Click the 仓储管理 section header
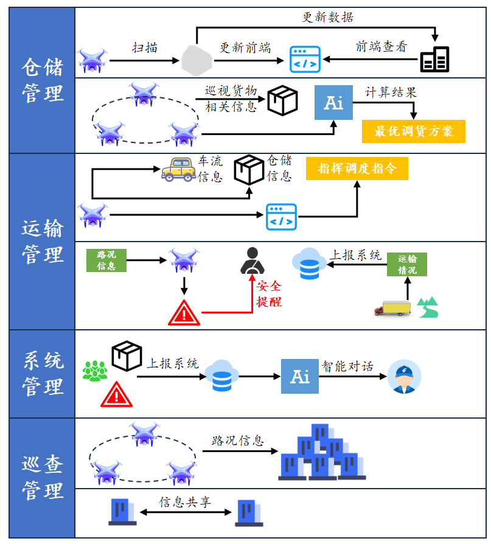tap(42, 80)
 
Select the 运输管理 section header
tap(42, 242)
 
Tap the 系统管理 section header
tap(42, 374)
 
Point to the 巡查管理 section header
tap(42, 478)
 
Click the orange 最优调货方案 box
tap(413, 131)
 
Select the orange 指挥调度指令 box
tap(357, 169)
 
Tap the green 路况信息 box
tap(106, 260)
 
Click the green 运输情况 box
tap(407, 265)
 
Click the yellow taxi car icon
tap(178, 169)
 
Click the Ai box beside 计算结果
tap(333, 103)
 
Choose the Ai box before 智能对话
tap(300, 376)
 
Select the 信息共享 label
tap(185, 502)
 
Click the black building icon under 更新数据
tap(435, 59)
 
